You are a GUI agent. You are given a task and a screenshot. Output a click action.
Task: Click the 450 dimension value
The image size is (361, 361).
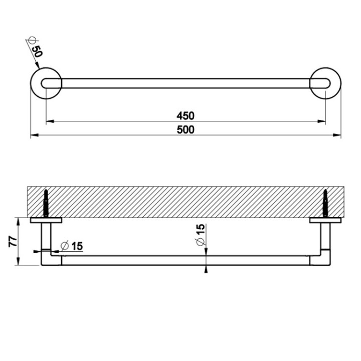click(x=185, y=115)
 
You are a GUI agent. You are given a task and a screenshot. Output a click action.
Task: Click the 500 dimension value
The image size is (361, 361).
click(x=185, y=129)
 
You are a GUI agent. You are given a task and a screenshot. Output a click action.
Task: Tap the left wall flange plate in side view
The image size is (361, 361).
click(x=46, y=220)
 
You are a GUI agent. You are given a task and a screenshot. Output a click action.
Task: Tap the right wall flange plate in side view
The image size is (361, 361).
click(x=325, y=220)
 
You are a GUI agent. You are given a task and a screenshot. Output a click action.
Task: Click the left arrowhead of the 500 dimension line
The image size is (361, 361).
click(x=33, y=135)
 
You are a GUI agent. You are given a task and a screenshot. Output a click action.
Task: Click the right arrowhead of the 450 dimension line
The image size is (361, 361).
click(x=322, y=121)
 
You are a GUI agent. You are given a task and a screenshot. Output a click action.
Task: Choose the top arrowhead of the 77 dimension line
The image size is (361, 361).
click(x=19, y=221)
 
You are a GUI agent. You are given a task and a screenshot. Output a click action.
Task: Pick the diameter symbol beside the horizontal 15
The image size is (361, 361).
click(x=64, y=246)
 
